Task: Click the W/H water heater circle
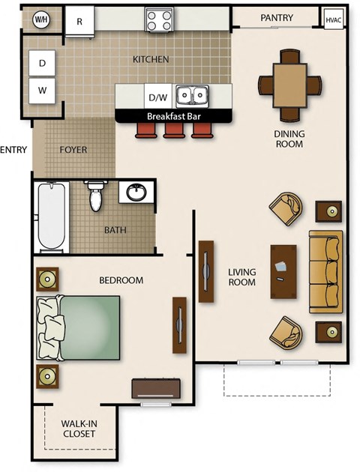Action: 41,20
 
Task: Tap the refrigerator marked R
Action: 79,22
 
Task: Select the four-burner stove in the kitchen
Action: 159,19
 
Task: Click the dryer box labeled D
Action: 42,64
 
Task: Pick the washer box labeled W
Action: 42,91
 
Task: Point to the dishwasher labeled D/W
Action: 158,97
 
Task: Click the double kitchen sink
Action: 193,96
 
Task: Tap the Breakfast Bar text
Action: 174,116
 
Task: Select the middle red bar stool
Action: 174,131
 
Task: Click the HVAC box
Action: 334,19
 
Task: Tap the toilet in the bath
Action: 95,196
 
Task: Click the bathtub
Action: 52,217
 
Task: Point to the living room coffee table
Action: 283,270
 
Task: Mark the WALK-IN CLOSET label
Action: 78,429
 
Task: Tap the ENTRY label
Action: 13,150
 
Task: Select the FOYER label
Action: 73,150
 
